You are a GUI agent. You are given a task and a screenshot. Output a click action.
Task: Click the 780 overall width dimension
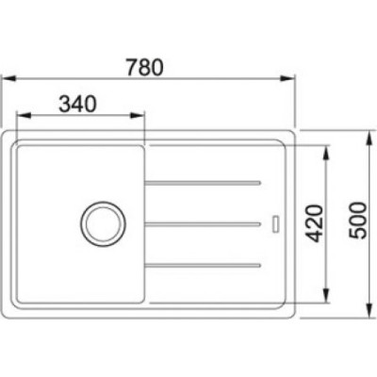pos(147,68)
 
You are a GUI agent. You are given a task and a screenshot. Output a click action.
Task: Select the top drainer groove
pos(203,179)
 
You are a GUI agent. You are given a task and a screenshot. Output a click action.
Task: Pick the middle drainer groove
pos(203,223)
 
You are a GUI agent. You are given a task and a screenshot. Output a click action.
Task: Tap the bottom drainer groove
pos(203,267)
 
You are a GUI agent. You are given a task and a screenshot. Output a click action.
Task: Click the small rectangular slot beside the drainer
pos(275,223)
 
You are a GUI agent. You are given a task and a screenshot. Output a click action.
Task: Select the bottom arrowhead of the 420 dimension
pos(327,295)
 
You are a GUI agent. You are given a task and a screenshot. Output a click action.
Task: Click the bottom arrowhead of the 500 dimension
pos(367,309)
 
